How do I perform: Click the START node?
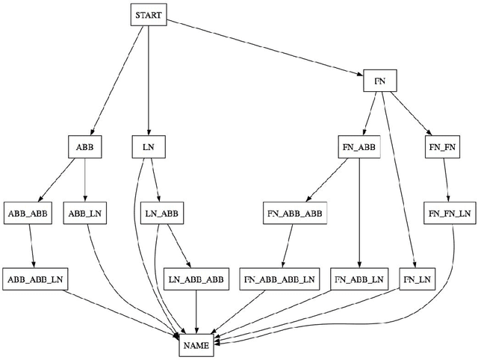[149, 14]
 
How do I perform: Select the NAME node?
[196, 345]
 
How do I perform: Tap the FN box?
[379, 79]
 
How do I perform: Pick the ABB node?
[84, 146]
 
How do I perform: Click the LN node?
[149, 146]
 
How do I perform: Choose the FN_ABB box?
[360, 146]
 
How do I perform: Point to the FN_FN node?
[441, 146]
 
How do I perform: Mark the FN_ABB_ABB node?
[294, 213]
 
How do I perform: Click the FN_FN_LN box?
[450, 213]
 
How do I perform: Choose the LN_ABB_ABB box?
[195, 279]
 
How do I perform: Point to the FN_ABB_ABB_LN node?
[281, 279]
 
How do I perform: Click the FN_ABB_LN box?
[360, 279]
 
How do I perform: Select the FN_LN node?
[418, 279]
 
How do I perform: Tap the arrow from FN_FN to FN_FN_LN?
[445, 179]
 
